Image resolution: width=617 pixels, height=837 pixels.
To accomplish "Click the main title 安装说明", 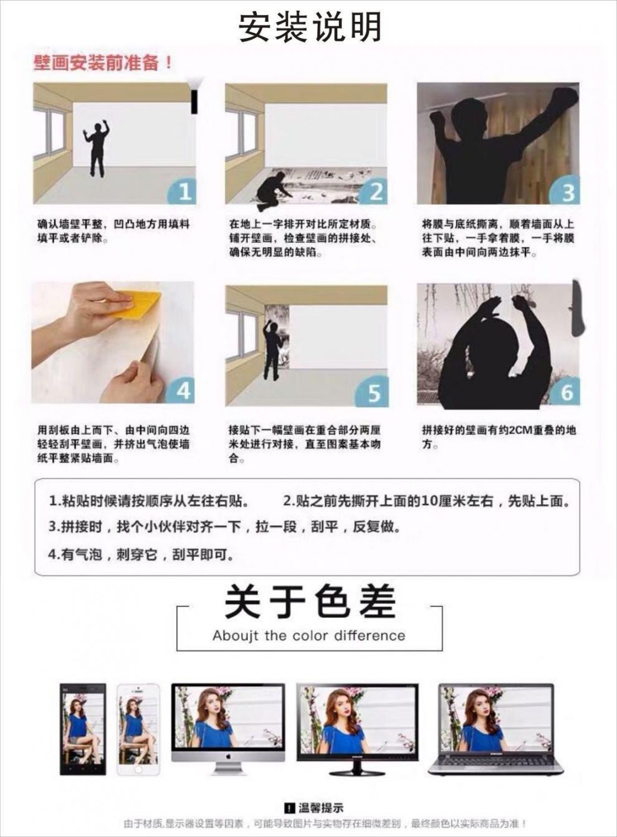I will click(x=310, y=27).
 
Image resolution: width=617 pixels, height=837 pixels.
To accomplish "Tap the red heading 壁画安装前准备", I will click(x=103, y=63).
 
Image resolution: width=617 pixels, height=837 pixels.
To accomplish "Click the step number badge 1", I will click(x=183, y=191).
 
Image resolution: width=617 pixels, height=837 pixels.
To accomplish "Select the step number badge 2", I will click(x=375, y=191).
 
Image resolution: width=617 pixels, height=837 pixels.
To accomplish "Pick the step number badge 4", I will click(x=182, y=390).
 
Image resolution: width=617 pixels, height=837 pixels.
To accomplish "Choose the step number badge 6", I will click(x=566, y=392).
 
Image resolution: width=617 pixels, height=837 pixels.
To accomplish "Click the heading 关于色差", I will click(x=310, y=602).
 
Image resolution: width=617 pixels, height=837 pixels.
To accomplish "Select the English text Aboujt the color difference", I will click(x=308, y=636).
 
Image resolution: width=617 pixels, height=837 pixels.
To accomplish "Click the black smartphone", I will click(x=82, y=729).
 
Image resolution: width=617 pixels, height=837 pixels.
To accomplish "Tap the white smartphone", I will click(x=138, y=729).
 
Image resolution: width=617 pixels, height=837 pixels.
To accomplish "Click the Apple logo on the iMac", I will click(x=228, y=755).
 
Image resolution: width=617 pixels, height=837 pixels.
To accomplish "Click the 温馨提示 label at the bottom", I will click(x=314, y=808).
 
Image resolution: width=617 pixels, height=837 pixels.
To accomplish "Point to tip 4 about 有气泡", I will click(x=142, y=554).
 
